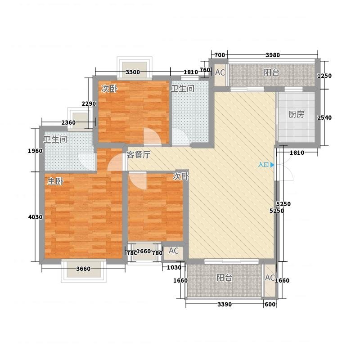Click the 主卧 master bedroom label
coord(55,181)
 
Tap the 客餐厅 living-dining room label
coord(139,155)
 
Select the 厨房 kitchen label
coord(296,114)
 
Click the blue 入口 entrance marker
coord(266,165)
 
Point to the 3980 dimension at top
coord(273,55)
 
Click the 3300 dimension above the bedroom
coord(133,72)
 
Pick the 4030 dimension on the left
coord(35,217)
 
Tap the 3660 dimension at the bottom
coord(83,269)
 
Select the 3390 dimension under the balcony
coord(225,305)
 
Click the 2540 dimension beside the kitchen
coord(324,117)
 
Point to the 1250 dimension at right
coord(324,76)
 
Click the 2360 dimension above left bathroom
coord(68,122)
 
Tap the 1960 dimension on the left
coord(35,151)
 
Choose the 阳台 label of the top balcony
coord(271,72)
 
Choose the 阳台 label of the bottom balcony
coord(224,278)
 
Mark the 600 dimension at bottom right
coord(270,305)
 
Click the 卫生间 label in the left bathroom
coord(55,139)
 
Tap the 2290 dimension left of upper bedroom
coord(89,104)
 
